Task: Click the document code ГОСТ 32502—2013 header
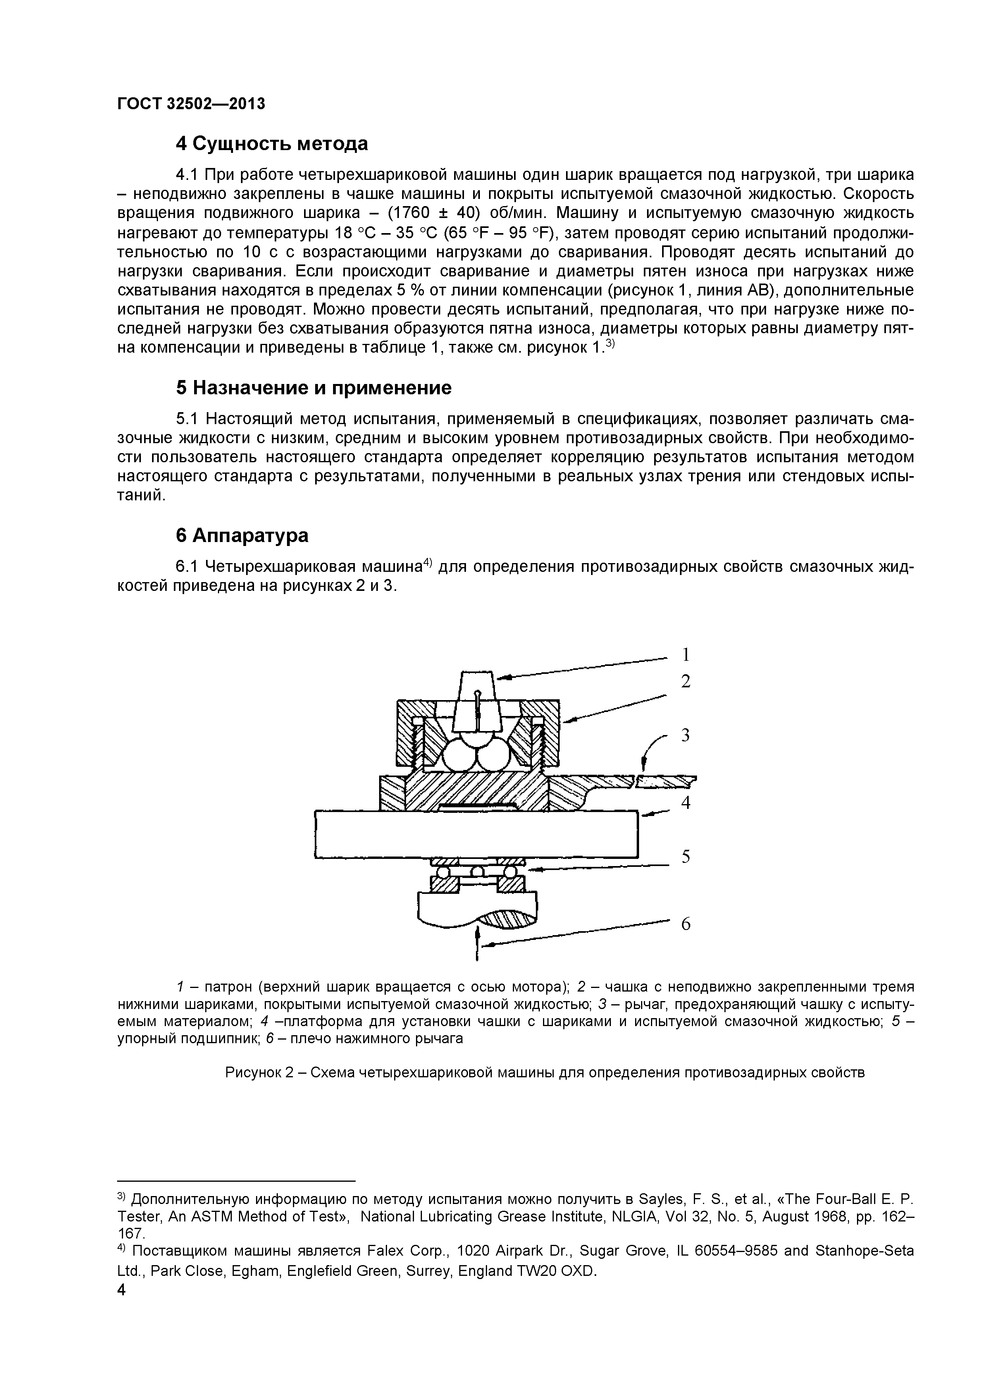(191, 104)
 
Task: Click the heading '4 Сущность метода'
(272, 144)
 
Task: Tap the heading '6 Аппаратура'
(242, 536)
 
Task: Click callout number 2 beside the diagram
(686, 682)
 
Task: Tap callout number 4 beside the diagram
(686, 803)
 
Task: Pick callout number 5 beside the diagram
(686, 857)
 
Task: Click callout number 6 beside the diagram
(686, 924)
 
